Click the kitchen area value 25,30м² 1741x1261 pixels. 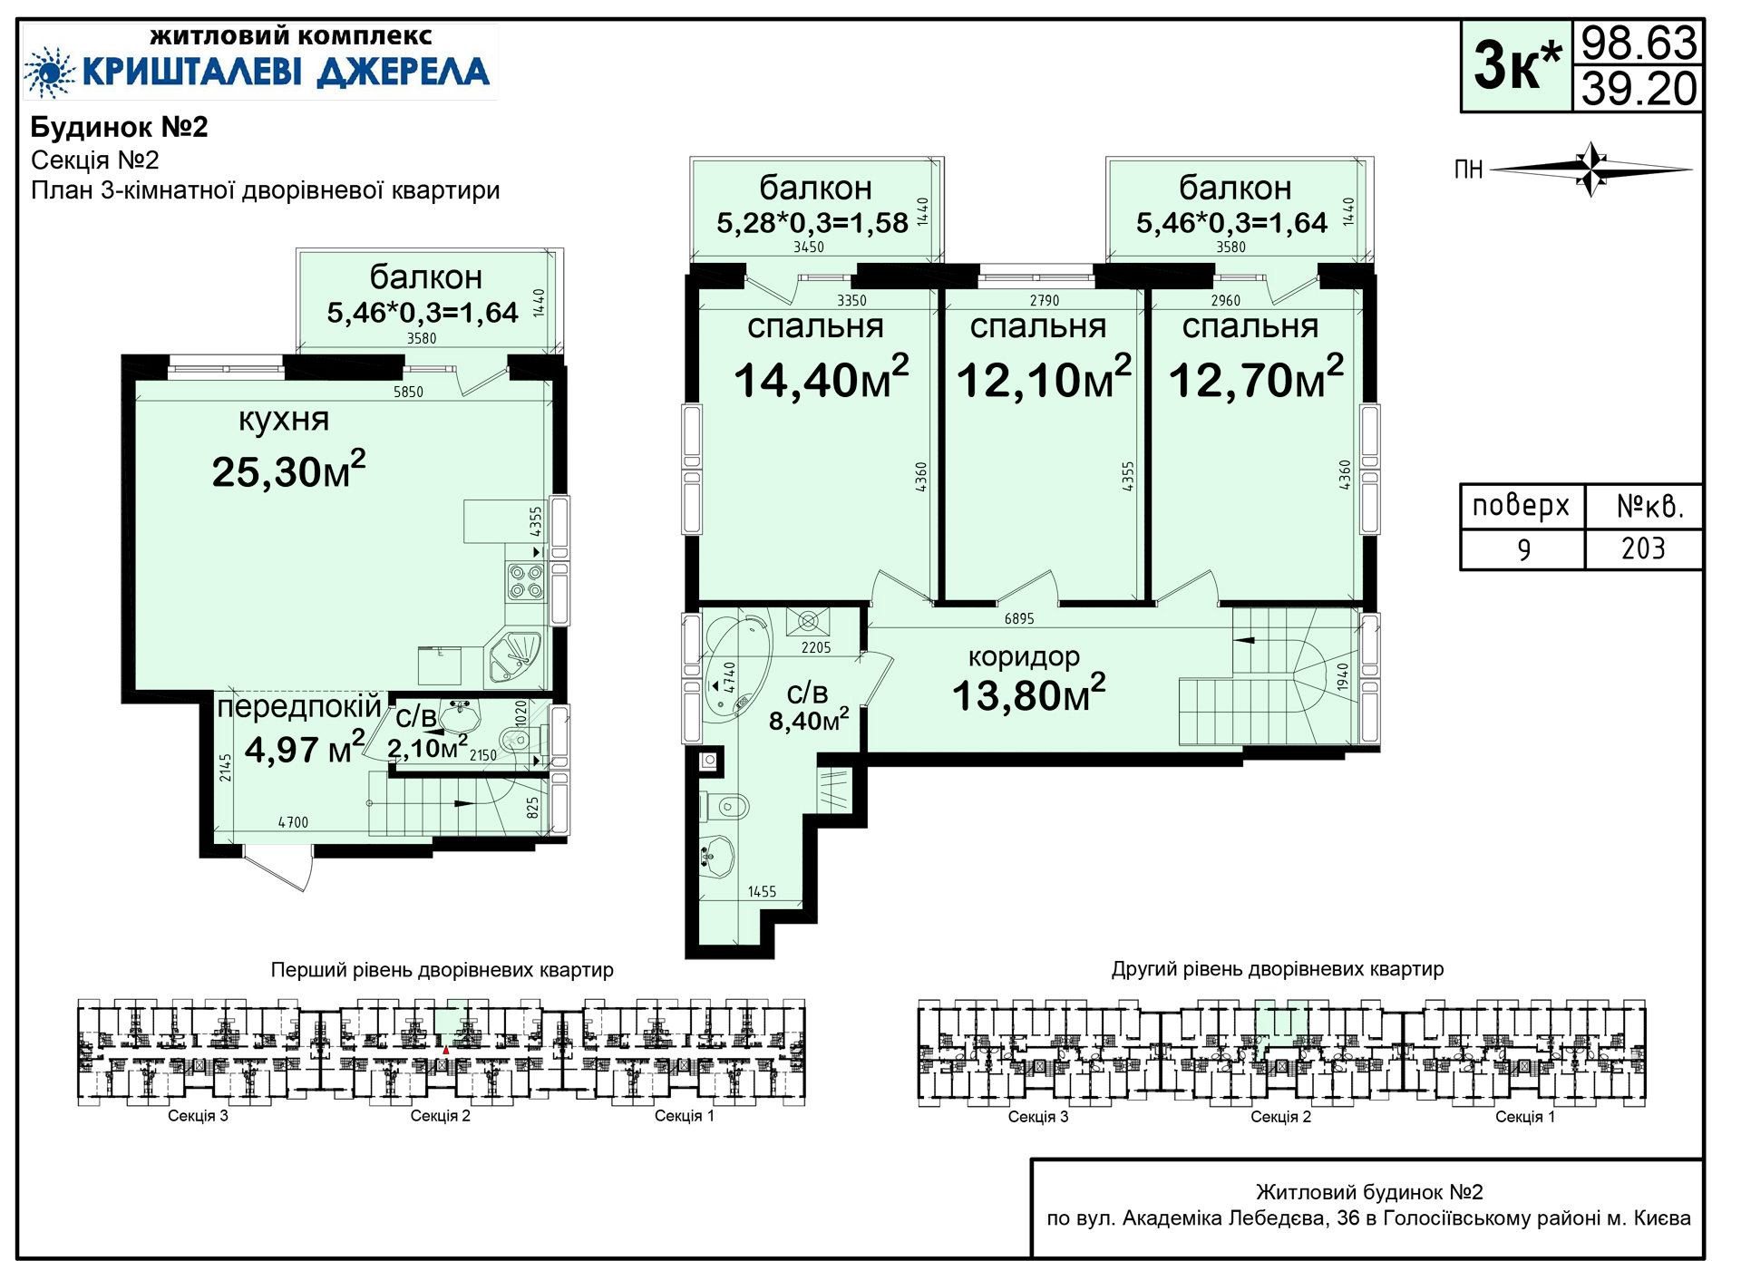(288, 470)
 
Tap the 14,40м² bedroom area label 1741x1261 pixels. (821, 378)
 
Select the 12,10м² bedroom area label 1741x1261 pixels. (1044, 378)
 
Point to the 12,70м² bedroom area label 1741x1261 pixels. (1256, 378)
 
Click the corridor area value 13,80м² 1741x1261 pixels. (1028, 694)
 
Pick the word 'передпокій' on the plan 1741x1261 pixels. (299, 707)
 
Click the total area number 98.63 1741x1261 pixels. (1639, 43)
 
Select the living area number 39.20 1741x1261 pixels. (1639, 89)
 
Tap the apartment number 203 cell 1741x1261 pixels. (1643, 549)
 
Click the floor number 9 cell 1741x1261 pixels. (1523, 549)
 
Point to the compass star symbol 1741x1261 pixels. (1591, 169)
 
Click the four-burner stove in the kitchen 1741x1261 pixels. (526, 581)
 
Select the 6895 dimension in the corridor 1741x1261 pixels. (1019, 619)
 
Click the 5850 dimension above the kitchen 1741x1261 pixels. (408, 392)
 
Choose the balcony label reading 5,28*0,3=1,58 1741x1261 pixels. (812, 223)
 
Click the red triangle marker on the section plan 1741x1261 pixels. (445, 1050)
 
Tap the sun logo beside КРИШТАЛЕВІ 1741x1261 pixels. (49, 72)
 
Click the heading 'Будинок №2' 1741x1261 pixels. (120, 127)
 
